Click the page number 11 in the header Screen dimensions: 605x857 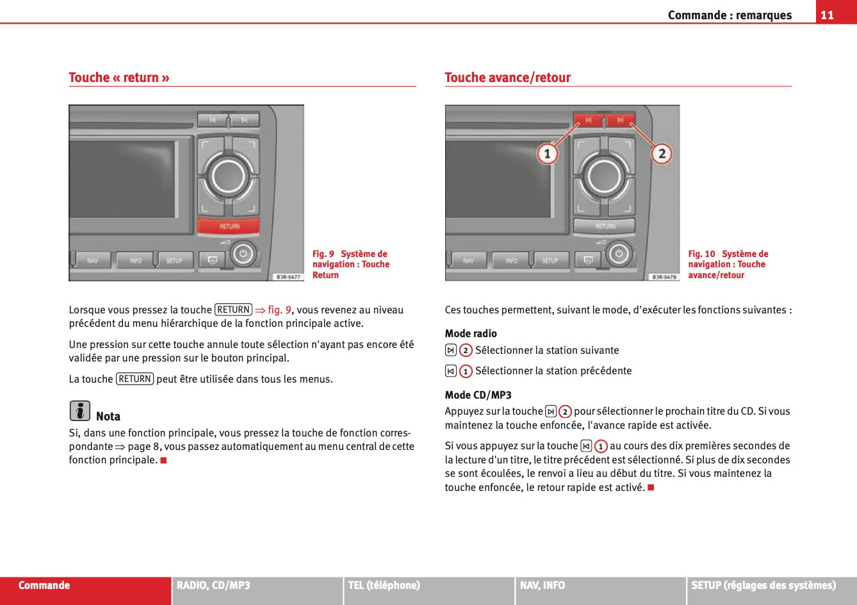point(828,15)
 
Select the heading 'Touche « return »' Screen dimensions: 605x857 point(119,78)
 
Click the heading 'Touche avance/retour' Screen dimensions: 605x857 point(507,78)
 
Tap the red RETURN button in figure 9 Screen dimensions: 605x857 point(229,226)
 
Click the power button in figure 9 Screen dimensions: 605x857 point(242,254)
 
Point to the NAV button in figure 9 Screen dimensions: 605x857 point(93,261)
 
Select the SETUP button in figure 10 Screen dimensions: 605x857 point(550,261)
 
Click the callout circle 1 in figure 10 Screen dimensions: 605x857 point(546,154)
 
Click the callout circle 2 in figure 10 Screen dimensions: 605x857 point(662,154)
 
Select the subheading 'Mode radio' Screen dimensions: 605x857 point(471,333)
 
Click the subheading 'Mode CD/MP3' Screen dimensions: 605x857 point(478,395)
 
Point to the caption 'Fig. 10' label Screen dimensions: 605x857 point(701,254)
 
